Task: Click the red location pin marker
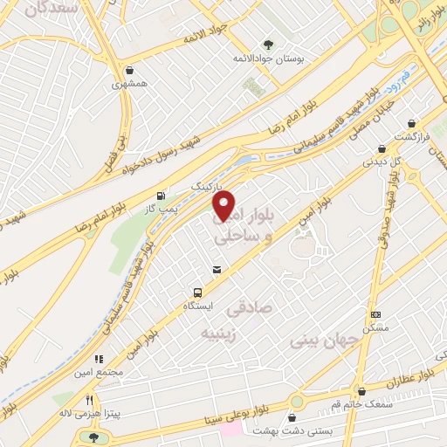click(x=224, y=206)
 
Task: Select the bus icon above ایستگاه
click(x=198, y=293)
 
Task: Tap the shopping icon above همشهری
click(x=130, y=71)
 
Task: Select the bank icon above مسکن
click(x=375, y=314)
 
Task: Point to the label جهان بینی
click(x=321, y=340)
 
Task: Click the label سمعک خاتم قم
click(x=361, y=405)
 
